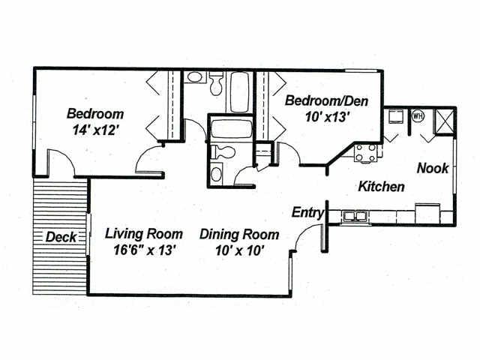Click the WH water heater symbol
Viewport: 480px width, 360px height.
418,116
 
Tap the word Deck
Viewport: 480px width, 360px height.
61,237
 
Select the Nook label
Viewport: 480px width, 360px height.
433,168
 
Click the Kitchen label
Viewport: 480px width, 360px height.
382,187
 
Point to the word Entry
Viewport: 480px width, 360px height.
307,213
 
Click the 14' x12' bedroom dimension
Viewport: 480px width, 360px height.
95,130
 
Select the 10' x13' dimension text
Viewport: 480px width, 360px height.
328,117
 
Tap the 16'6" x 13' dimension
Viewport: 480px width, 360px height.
144,250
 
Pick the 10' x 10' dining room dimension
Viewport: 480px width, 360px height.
240,250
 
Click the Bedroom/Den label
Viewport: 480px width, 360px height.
327,100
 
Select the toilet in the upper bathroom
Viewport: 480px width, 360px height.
217,83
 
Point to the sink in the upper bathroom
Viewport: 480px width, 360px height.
194,77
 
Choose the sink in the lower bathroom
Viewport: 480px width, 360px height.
217,174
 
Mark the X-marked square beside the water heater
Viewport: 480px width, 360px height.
444,121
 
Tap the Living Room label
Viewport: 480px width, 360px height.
144,234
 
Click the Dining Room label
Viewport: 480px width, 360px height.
239,235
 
